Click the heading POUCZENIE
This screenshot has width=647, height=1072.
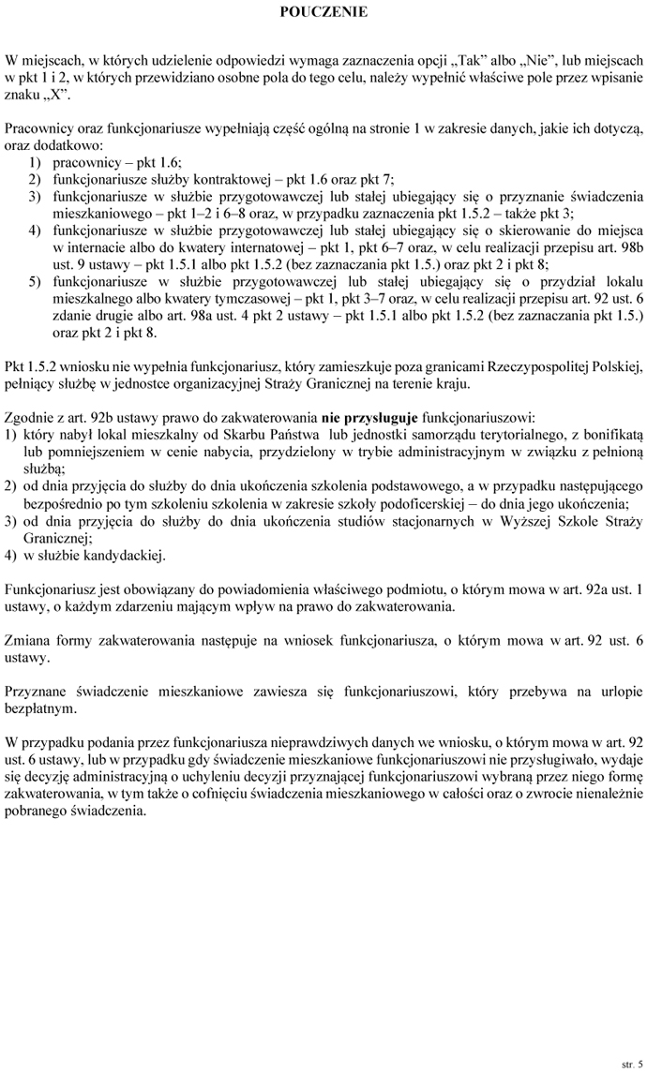pos(323,12)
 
